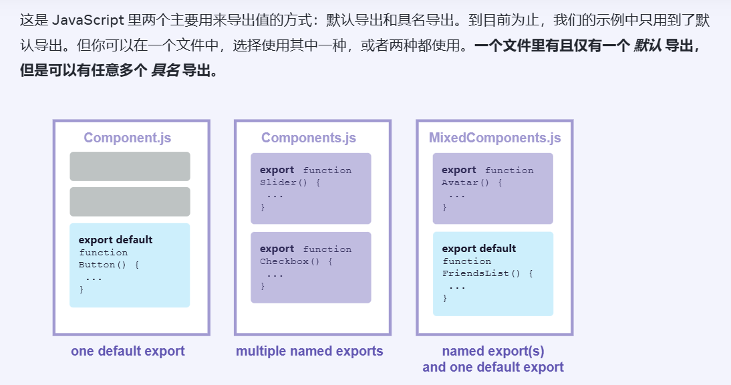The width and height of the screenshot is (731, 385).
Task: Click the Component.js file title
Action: coord(127,138)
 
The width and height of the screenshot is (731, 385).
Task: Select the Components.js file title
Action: coord(308,138)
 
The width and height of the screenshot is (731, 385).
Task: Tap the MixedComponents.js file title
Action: coord(494,138)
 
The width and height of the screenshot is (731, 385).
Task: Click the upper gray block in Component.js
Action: coord(130,166)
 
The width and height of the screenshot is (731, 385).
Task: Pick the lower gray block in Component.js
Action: coord(130,202)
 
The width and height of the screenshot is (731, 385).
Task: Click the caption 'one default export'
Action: coord(128,351)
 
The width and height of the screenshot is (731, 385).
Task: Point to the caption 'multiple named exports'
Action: coord(309,351)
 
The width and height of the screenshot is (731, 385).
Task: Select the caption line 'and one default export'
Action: coord(493,367)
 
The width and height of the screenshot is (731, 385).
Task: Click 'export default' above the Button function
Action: coord(116,240)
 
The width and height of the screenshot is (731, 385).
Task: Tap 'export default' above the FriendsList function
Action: coord(479,249)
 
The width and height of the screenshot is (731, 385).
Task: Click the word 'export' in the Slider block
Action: coord(277,170)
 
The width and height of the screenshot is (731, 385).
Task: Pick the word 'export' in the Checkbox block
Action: coord(277,249)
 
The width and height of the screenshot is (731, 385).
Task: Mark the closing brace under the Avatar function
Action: coord(444,207)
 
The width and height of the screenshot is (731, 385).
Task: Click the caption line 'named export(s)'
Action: coord(493,351)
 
